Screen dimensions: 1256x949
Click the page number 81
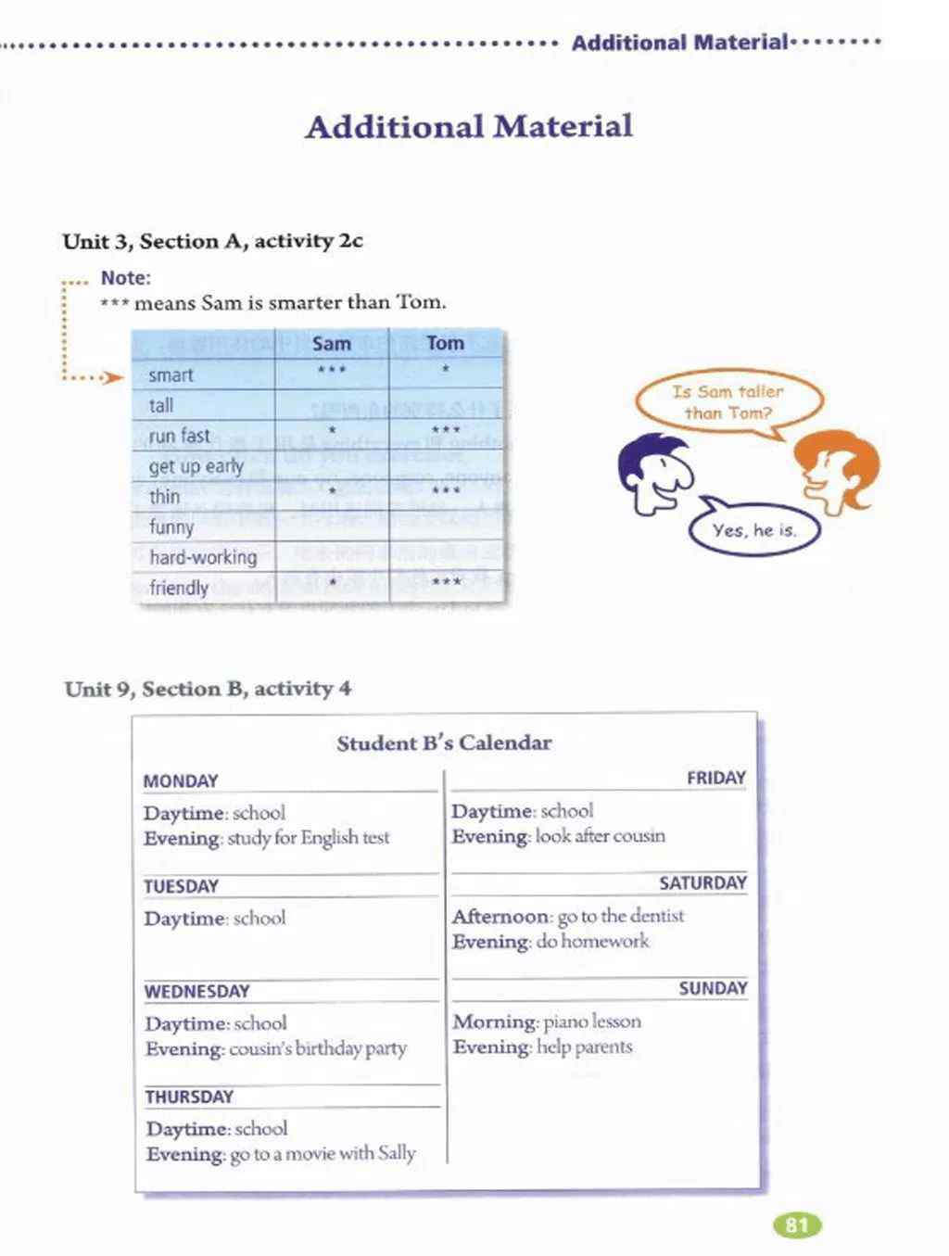pyautogui.click(x=797, y=1225)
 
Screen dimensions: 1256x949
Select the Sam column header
pyautogui.click(x=331, y=344)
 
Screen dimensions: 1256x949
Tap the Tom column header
pyautogui.click(x=445, y=343)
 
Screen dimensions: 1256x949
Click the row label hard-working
pyautogui.click(x=203, y=557)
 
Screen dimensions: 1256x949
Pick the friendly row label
pyautogui.click(x=179, y=588)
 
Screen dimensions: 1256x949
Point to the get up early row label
pyautogui.click(x=196, y=466)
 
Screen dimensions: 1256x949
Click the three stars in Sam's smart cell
pyautogui.click(x=331, y=371)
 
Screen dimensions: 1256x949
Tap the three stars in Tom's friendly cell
pyautogui.click(x=446, y=583)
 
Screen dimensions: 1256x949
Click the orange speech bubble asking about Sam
pyautogui.click(x=728, y=402)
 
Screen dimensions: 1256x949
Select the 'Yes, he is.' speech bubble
pyautogui.click(x=754, y=530)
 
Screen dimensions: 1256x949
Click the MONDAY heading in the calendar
pyautogui.click(x=181, y=781)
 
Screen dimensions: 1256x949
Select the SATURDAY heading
pyautogui.click(x=702, y=883)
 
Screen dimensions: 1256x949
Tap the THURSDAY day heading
pyautogui.click(x=189, y=1097)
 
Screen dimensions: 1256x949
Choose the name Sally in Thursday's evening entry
pyautogui.click(x=397, y=1153)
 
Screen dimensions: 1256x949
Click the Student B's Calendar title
pyautogui.click(x=444, y=742)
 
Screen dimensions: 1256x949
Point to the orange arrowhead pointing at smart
pyautogui.click(x=114, y=377)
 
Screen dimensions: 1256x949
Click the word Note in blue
pyautogui.click(x=125, y=277)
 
